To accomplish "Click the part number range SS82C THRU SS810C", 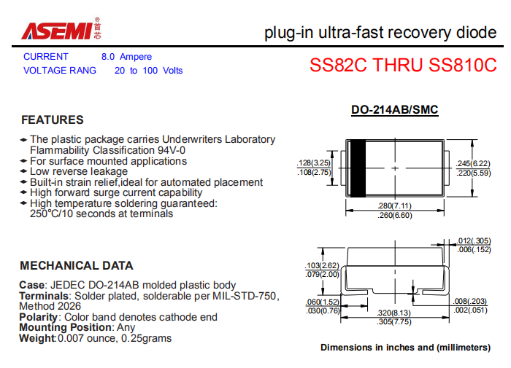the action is point(403,65).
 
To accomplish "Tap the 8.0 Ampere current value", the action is point(126,57).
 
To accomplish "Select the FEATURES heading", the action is point(53,120).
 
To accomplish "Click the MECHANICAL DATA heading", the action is point(77,265).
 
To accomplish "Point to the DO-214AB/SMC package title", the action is point(395,109).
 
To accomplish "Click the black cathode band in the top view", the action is point(358,168).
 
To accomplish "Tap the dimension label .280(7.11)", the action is point(395,205).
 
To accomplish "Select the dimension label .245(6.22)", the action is point(473,163).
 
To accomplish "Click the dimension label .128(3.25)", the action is point(314,163).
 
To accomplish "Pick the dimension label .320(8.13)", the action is point(394,313).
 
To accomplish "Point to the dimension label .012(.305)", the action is point(474,240).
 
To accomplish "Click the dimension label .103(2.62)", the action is point(323,265).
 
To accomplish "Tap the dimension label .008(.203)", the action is point(470,301).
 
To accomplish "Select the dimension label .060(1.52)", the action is point(323,302).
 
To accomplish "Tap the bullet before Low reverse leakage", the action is point(23,171).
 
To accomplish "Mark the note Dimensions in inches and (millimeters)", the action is point(405,348).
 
